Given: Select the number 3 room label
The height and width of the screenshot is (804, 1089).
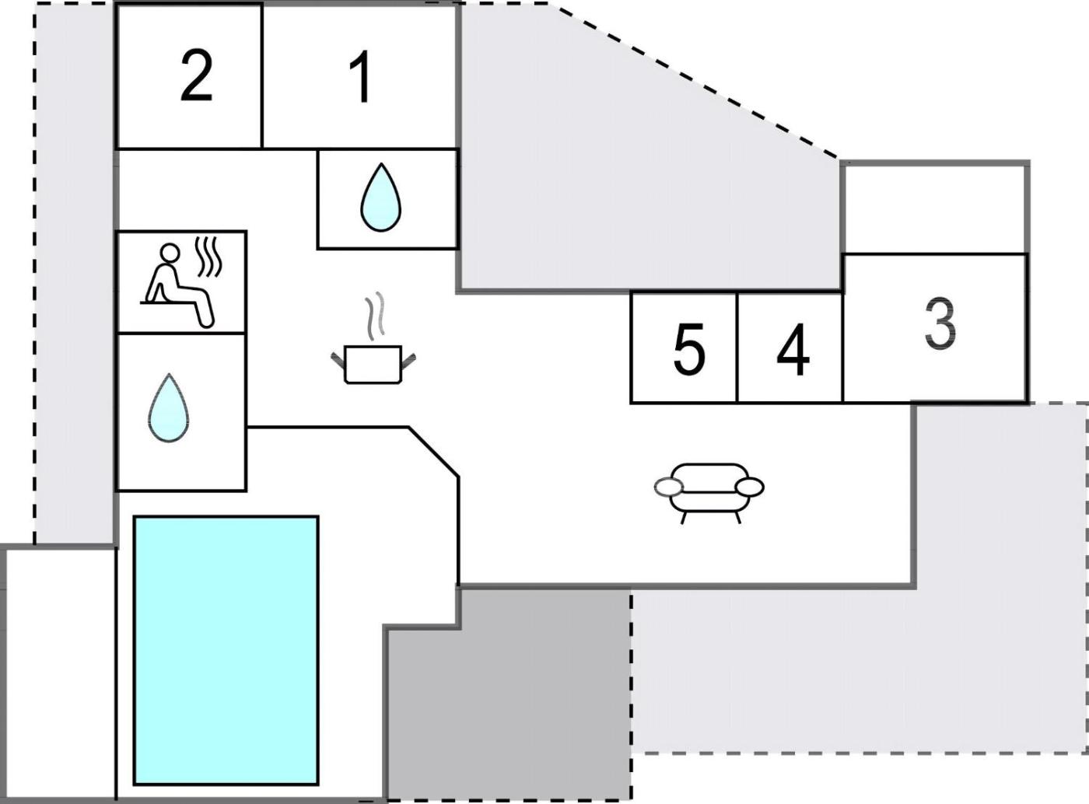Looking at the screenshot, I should [940, 324].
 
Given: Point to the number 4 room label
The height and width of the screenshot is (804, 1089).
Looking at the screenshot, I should [793, 351].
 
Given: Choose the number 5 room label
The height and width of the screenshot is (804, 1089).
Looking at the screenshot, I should [688, 351].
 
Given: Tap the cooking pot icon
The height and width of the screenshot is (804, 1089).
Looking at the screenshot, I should [373, 363].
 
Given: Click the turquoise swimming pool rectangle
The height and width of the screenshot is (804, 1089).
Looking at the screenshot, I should [226, 650].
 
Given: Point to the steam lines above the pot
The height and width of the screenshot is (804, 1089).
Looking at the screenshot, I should [375, 316].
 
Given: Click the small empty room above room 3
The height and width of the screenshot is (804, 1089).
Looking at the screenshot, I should [935, 208].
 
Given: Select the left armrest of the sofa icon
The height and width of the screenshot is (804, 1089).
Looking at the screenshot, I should [667, 488].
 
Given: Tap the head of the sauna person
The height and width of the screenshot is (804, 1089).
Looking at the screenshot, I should [170, 253].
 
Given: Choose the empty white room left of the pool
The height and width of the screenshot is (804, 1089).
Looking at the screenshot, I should [59, 673].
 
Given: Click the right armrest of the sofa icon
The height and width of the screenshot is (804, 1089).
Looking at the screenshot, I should [750, 488].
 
